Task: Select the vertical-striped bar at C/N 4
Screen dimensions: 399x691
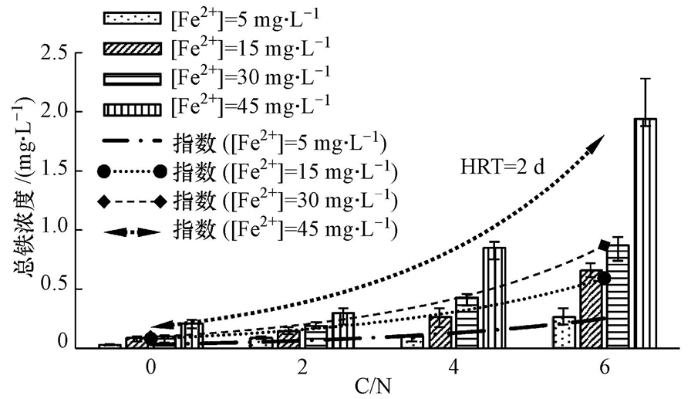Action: coord(494,297)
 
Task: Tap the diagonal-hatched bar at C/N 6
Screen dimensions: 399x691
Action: coord(592,309)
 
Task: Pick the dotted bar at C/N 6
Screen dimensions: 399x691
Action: coord(564,331)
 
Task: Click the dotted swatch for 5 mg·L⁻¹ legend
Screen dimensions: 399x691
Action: coord(132,17)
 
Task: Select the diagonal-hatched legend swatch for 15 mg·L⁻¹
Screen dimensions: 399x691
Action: coord(132,47)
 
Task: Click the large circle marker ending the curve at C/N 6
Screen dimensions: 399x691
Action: coord(604,278)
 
